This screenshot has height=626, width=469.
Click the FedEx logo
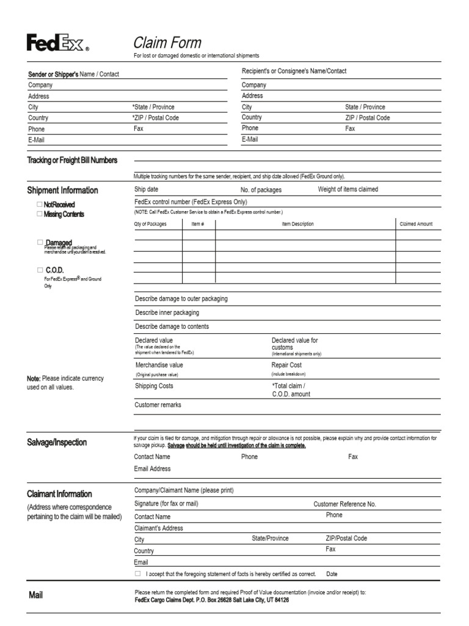point(57,43)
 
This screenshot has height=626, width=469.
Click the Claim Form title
point(167,42)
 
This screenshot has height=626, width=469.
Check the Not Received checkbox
point(40,204)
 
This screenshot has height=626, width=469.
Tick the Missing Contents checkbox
point(40,214)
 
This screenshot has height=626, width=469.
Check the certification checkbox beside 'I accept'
point(138,574)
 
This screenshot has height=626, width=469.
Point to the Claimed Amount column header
point(416,224)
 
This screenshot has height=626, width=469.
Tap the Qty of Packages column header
point(150,224)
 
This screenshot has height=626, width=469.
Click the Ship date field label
point(146,190)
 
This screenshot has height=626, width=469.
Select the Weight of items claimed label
point(347,190)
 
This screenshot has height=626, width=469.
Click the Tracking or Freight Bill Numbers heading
point(72,160)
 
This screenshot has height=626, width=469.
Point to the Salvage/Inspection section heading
point(57,442)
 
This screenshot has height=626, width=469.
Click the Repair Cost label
point(286,365)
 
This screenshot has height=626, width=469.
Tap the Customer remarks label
point(158,405)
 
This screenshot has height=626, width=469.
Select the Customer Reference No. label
point(344,504)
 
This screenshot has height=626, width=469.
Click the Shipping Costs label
point(153,386)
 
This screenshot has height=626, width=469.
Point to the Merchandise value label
point(159,365)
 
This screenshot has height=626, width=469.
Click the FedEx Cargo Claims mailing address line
point(211,600)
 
